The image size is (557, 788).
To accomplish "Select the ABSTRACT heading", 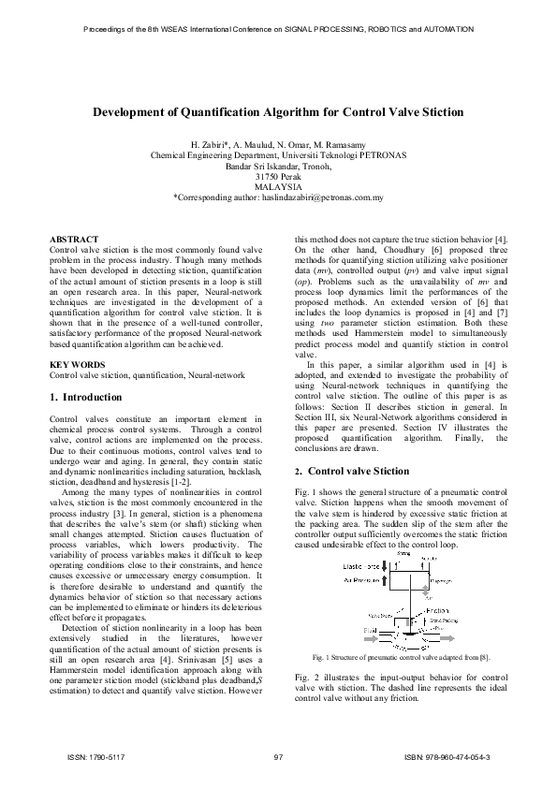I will coord(73,241).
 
